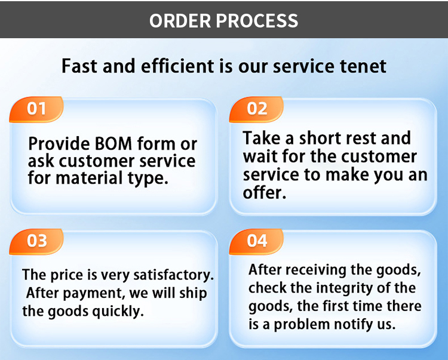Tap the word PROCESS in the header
(257, 20)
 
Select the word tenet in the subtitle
(363, 66)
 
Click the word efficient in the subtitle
(177, 66)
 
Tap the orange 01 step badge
(36, 109)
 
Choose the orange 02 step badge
(256, 109)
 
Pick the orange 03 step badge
(36, 241)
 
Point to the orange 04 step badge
(256, 241)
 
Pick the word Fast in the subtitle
(80, 66)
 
